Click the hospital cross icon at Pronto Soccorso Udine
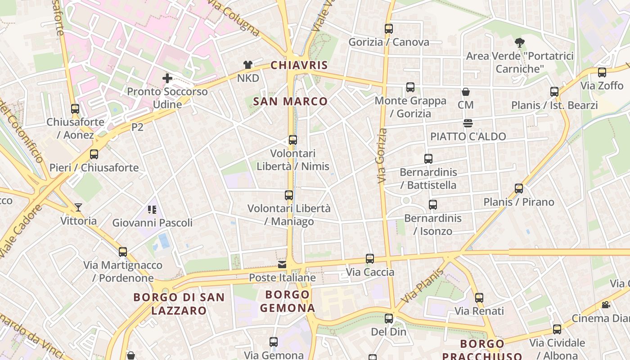[x=167, y=78]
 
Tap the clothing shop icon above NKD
[x=247, y=65]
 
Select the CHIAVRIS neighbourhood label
[x=299, y=65]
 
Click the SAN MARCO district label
[x=290, y=101]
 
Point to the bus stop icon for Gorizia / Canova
[x=389, y=29]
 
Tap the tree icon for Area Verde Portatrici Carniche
[x=520, y=43]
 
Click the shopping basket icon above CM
[x=466, y=92]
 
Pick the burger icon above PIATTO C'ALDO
[x=468, y=123]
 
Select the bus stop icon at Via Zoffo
[x=602, y=72]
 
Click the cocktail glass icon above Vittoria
[x=79, y=207]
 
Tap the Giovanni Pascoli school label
[x=152, y=222]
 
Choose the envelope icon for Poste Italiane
[x=282, y=265]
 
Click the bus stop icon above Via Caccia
[x=370, y=259]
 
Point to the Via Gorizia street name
[x=382, y=156]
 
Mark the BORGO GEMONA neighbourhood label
[x=288, y=301]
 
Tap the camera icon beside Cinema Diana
[x=606, y=305]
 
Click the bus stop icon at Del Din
[x=389, y=319]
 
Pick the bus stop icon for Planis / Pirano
[x=519, y=189]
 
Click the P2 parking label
[x=137, y=127]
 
